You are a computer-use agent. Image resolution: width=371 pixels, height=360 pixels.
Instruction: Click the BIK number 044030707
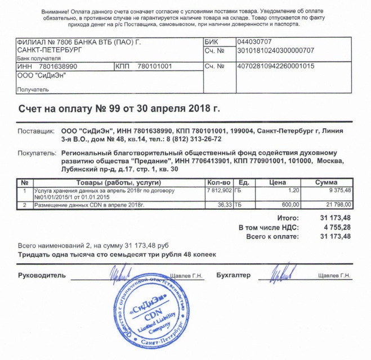pos(255,42)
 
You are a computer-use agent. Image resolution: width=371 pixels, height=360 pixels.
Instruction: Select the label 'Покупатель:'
pos(37,153)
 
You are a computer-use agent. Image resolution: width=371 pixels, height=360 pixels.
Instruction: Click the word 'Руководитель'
pos(42,275)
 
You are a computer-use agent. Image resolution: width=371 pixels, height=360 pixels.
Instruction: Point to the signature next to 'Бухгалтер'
pos(280,274)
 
